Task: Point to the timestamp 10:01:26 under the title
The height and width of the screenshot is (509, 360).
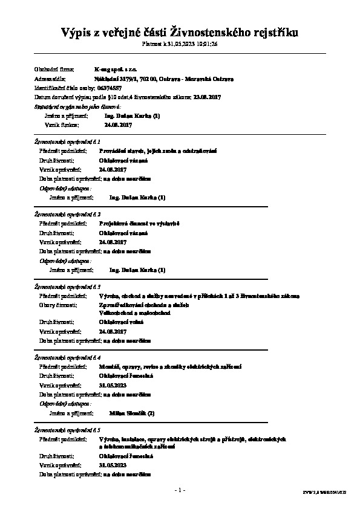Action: [205, 44]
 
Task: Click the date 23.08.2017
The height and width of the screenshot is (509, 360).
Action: [208, 97]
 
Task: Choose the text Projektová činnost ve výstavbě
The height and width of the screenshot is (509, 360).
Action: [140, 224]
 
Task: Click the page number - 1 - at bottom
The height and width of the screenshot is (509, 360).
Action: [180, 489]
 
